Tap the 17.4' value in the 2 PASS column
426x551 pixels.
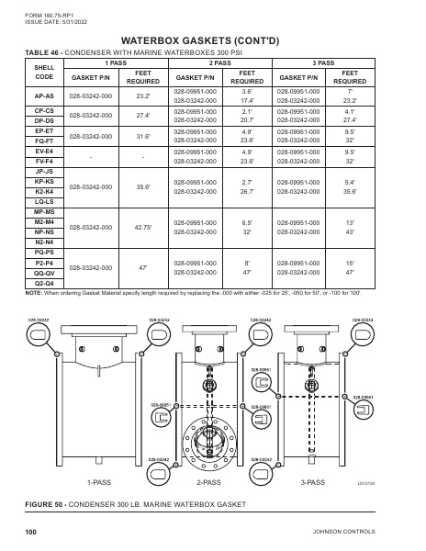(246, 99)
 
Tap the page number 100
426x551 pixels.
(30, 532)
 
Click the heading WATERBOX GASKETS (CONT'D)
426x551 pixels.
(213, 41)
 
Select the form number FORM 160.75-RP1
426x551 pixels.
(46, 12)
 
